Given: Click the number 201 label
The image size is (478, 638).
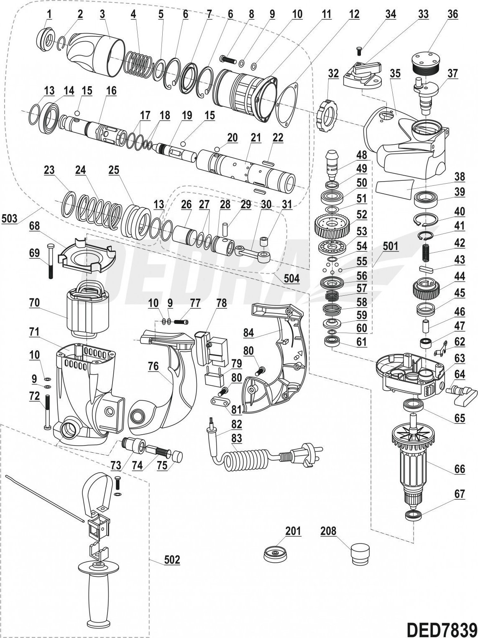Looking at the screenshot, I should point(293,531).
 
